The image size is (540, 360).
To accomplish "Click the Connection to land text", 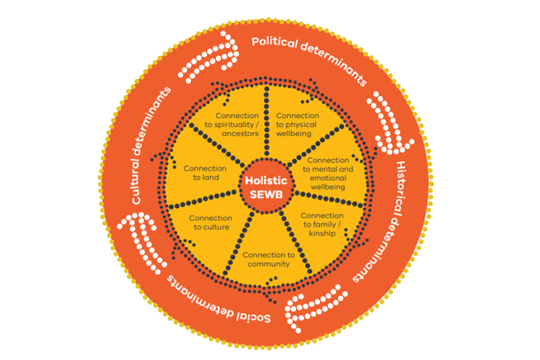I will tap(205, 173).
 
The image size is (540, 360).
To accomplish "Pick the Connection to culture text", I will tap(211, 222).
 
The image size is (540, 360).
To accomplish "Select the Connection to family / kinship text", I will tap(322, 224).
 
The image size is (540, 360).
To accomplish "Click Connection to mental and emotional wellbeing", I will tap(328, 173).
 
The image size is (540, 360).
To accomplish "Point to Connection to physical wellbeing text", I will tap(297, 125).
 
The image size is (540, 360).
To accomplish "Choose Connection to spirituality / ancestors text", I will tap(237, 125).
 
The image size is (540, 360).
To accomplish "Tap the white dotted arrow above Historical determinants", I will tap(389, 121).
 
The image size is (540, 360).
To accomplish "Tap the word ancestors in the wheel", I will tap(243, 134).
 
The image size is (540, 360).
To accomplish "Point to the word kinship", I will tap(322, 233).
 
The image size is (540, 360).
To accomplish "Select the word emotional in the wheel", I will tap(328, 178).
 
